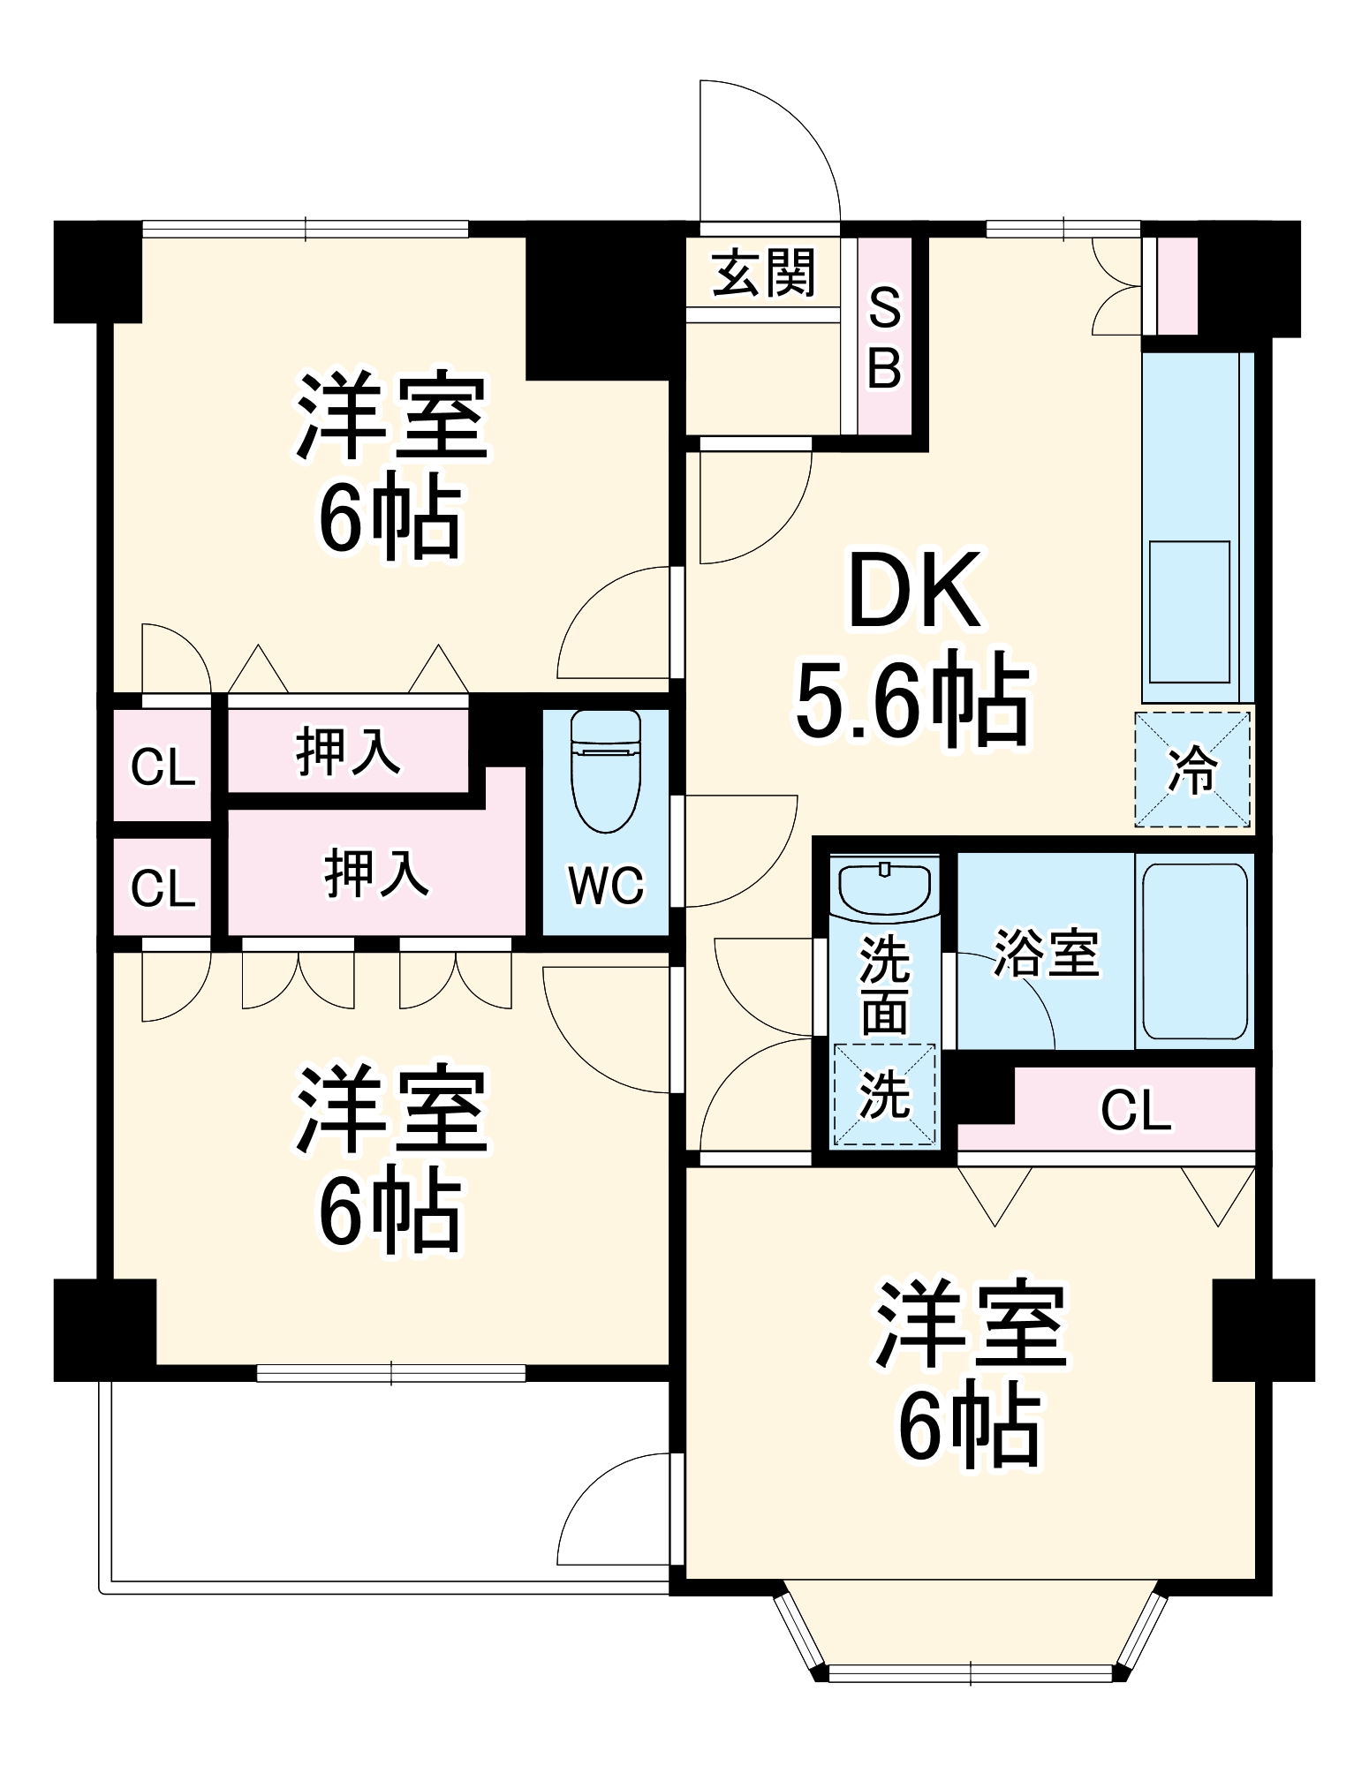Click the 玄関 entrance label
point(763,273)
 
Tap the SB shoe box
point(884,336)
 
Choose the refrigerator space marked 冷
point(1192,769)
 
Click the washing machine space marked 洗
point(884,1095)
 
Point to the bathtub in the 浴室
point(1195,951)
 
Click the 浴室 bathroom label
point(1047,953)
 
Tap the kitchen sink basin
point(1189,611)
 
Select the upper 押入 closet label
point(348,751)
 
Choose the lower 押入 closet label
point(376,873)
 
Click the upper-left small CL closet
point(163,766)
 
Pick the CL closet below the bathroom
point(1136,1109)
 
